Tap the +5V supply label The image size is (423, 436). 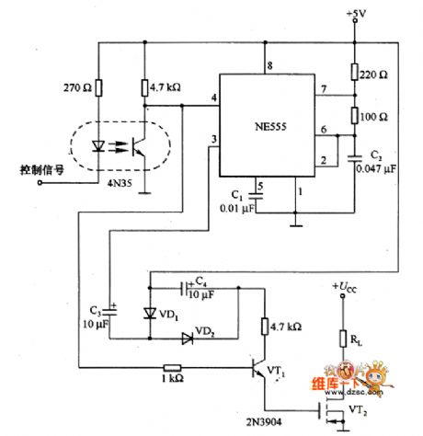click(354, 13)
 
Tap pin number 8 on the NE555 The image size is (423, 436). click(269, 64)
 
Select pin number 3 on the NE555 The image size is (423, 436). click(213, 139)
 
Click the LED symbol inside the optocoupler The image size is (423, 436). click(96, 145)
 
